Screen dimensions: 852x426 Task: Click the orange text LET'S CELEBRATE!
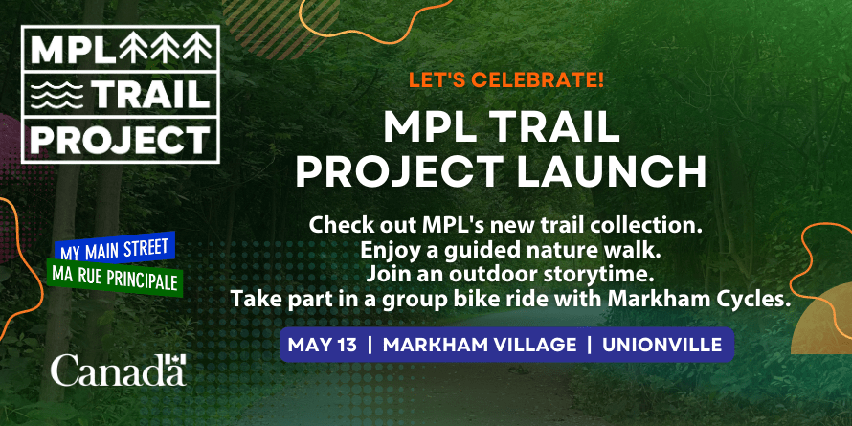tap(505, 80)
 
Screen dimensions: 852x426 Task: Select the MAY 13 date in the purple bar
tap(323, 345)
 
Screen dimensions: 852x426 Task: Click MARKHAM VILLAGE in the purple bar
tap(480, 345)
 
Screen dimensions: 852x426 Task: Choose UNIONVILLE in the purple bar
tap(661, 345)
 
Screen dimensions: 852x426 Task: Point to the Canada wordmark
tap(119, 370)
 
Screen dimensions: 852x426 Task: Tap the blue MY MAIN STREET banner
tap(115, 247)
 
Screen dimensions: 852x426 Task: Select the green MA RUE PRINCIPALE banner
tap(115, 276)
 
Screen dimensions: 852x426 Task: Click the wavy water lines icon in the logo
tap(57, 95)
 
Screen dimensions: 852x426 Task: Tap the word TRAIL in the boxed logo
tap(152, 95)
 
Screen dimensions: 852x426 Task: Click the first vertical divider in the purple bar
tap(370, 345)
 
